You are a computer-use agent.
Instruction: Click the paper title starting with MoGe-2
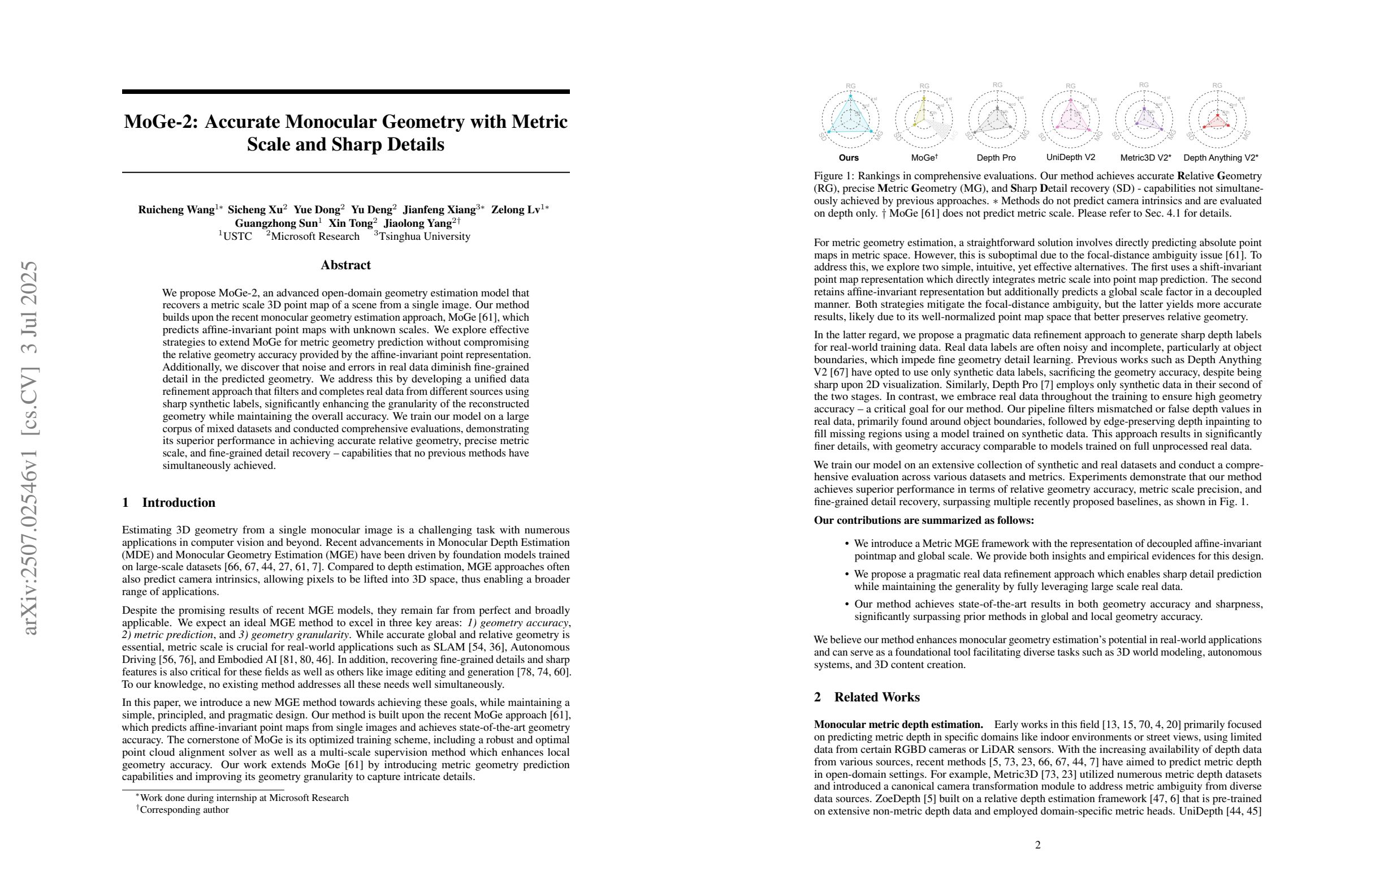tap(345, 133)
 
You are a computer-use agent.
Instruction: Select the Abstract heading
tap(345, 265)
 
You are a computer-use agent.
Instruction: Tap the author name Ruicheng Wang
tap(176, 210)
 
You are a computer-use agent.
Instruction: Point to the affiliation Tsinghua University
tap(425, 237)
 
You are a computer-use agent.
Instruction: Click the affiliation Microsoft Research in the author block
tap(315, 237)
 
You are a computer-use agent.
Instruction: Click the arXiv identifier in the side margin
tap(29, 448)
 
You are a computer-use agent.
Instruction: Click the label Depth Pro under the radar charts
tap(996, 158)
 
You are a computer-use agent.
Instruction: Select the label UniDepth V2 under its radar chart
tap(1071, 157)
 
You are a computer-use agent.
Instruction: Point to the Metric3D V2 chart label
tap(1145, 158)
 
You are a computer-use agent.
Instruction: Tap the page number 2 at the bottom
tap(1038, 845)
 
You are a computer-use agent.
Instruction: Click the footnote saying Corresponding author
tap(184, 810)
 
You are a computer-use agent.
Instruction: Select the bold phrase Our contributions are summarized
tap(923, 520)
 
